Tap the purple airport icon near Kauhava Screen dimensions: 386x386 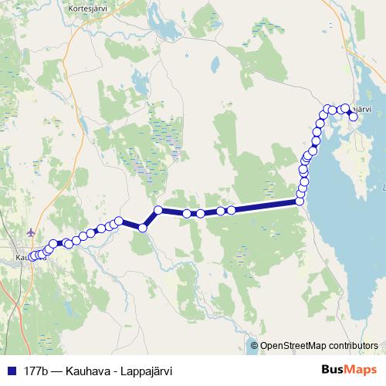pos(31,232)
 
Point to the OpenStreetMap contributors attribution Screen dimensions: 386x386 pos(319,346)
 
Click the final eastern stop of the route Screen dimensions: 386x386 pos(354,117)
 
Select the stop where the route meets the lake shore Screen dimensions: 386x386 pos(300,201)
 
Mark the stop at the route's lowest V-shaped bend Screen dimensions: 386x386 pos(143,228)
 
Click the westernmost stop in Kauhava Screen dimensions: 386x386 pos(32,256)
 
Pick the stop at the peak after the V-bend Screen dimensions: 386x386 pos(158,210)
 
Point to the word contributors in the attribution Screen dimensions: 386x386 pos(353,346)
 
